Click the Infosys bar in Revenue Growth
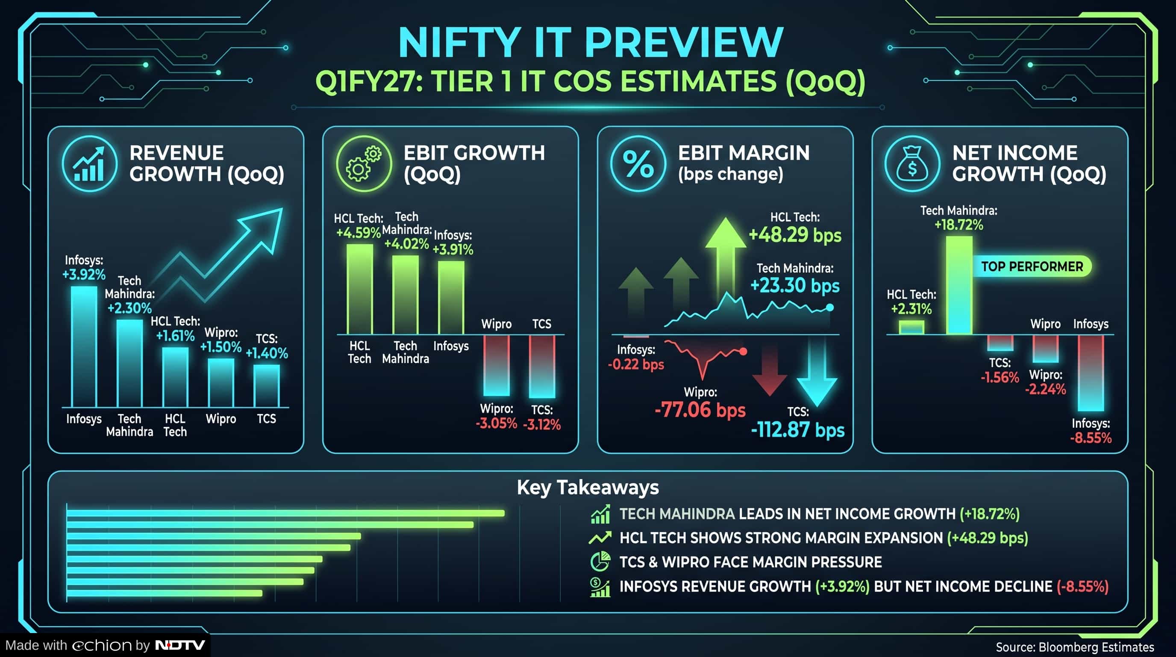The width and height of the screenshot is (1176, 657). [84, 346]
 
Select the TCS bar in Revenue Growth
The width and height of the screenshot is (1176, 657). [267, 386]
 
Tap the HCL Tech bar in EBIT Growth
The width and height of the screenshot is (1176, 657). [360, 289]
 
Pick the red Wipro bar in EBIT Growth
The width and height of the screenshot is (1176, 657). [496, 366]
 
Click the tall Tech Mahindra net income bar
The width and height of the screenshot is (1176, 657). [959, 285]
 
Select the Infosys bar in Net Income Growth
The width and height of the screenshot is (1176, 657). [1091, 373]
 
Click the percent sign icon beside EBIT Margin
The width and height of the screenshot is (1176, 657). [638, 163]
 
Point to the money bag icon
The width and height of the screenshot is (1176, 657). [912, 163]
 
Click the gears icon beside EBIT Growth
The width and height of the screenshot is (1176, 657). [364, 163]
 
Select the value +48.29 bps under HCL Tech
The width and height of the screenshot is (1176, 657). [795, 235]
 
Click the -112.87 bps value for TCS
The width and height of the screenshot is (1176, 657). [797, 430]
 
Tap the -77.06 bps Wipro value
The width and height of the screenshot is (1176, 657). [700, 409]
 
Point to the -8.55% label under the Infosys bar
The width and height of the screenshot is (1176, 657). [1091, 438]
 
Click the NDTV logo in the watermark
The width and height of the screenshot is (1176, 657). [180, 645]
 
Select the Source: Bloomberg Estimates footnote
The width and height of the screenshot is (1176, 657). [1075, 647]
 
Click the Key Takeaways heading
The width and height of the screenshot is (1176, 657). [588, 488]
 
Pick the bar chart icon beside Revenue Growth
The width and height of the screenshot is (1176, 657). [89, 163]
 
